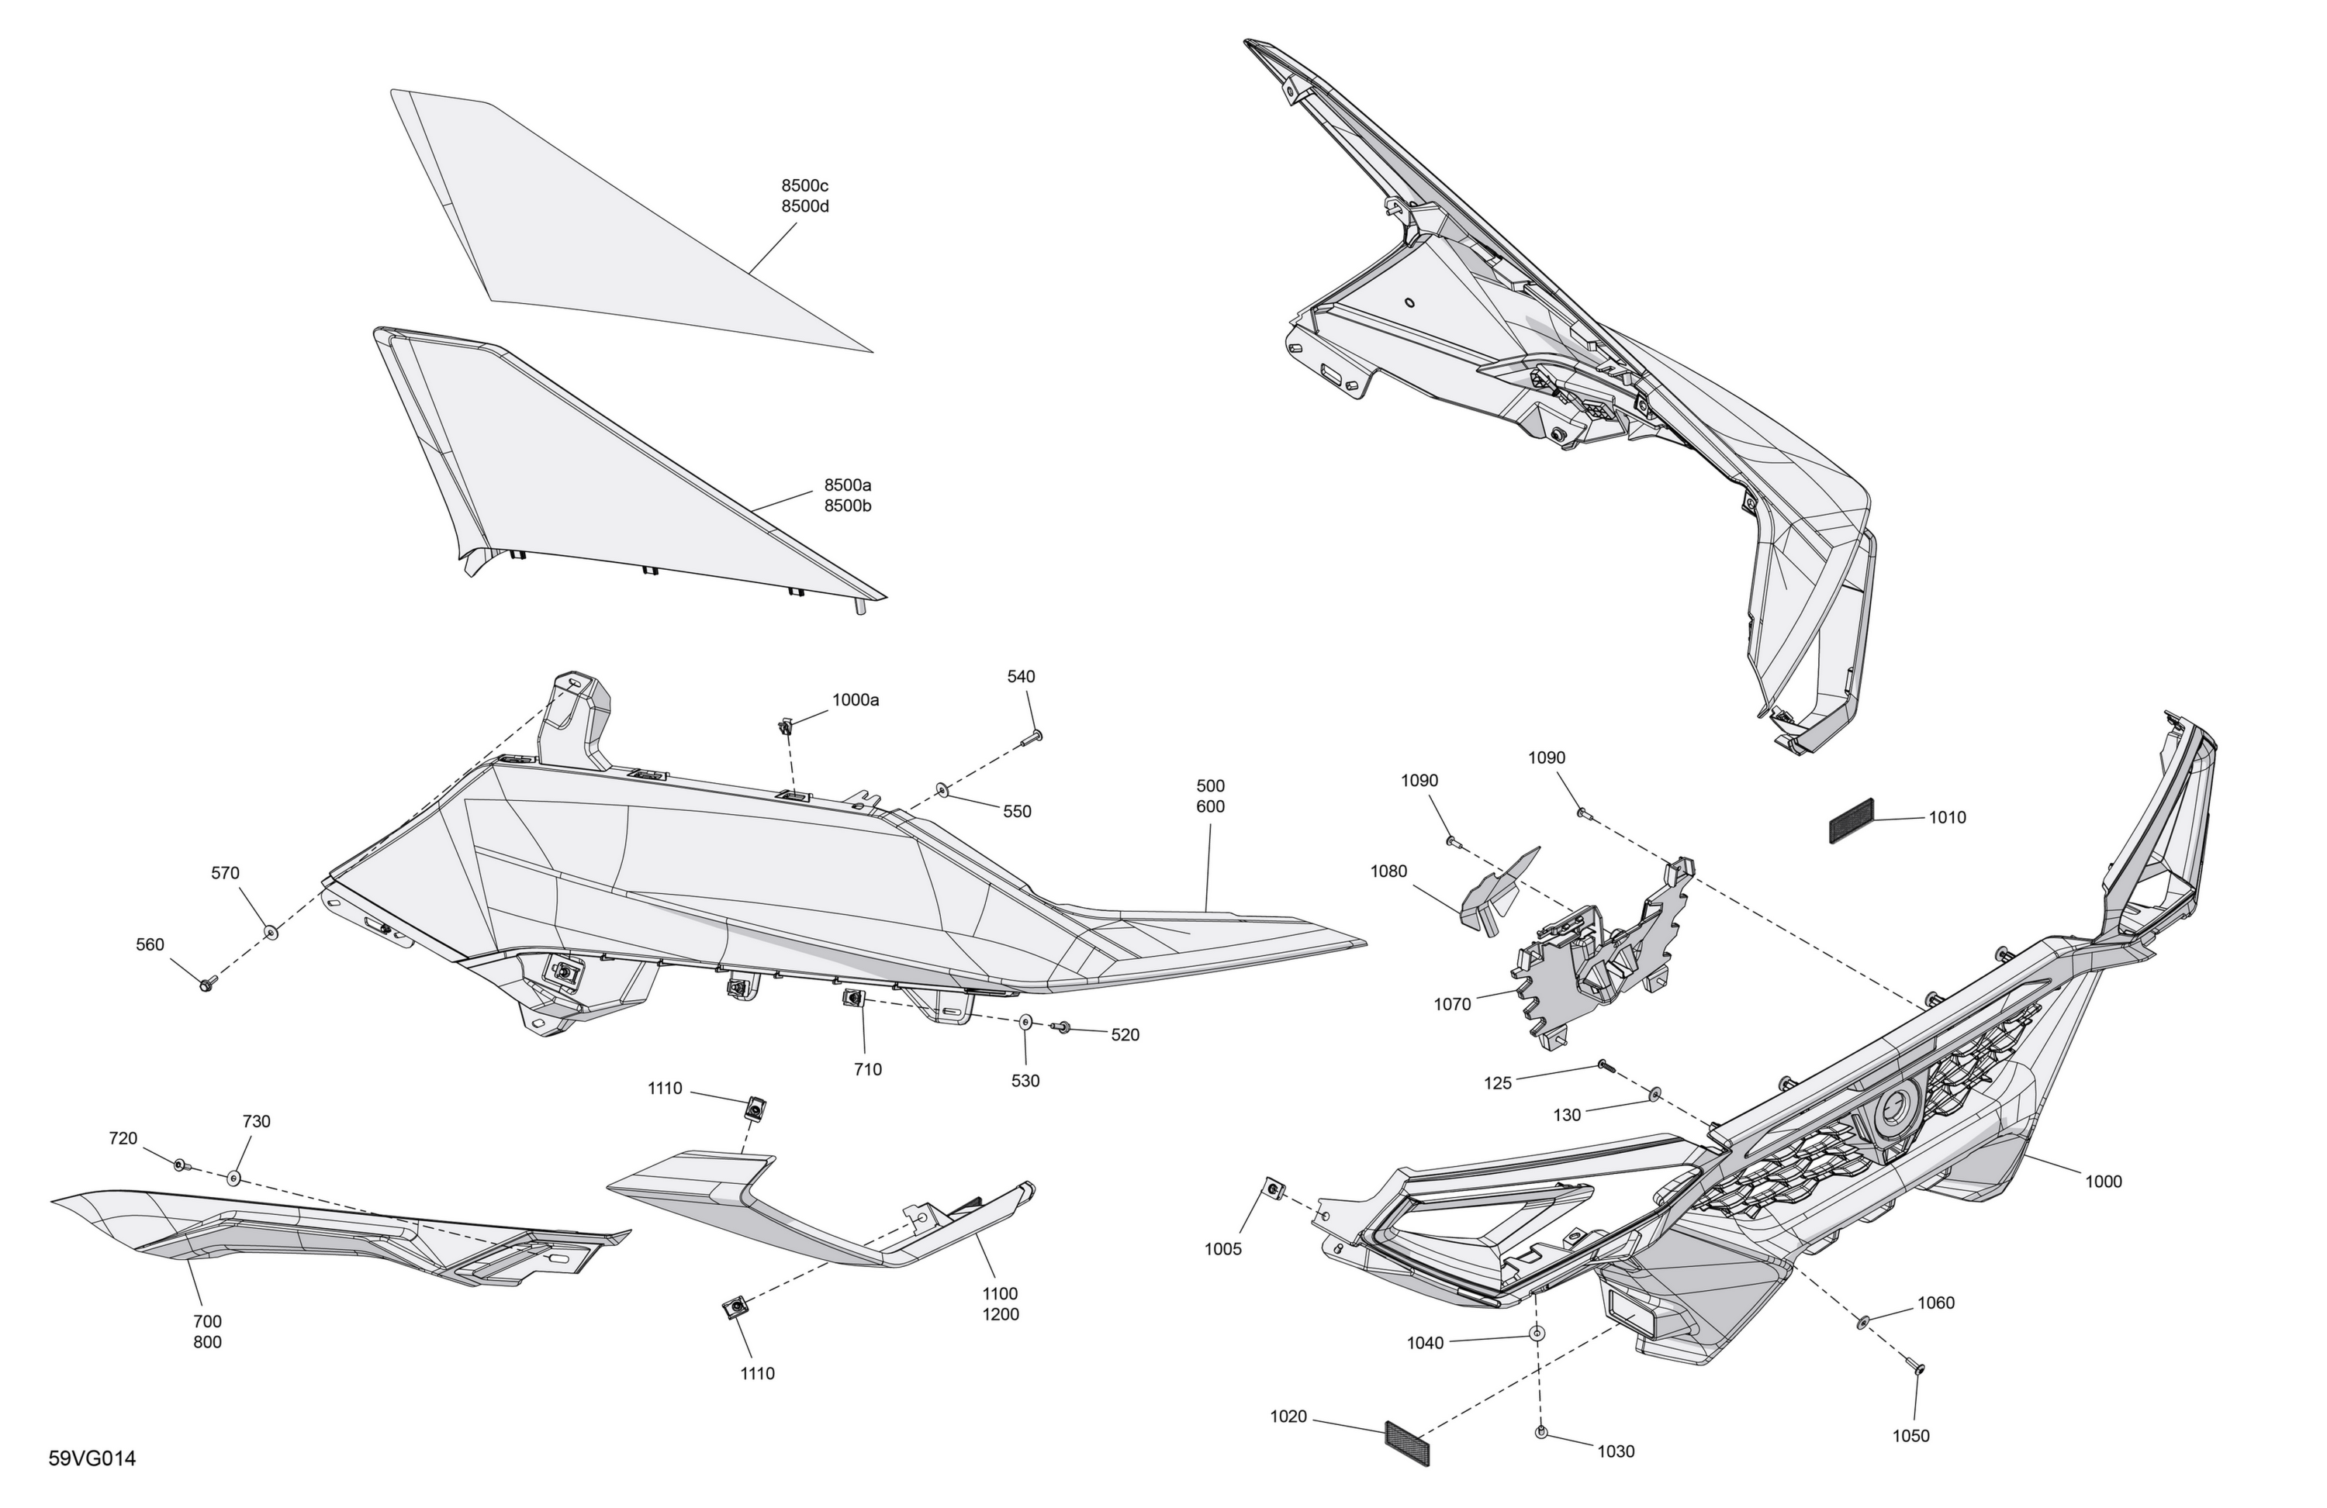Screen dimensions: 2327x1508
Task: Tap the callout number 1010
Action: pos(1947,817)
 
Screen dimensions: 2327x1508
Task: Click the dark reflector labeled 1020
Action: pos(1408,1444)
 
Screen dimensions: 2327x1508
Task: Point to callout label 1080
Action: pos(1388,871)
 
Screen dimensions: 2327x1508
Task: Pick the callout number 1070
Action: pos(1452,1004)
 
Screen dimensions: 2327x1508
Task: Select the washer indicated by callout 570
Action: pos(271,933)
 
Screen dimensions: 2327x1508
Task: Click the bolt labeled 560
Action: pos(206,984)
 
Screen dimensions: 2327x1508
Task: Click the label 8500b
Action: pos(848,506)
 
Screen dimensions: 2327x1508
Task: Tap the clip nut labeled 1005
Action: pos(1274,1189)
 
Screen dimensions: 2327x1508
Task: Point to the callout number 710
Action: pos(867,1069)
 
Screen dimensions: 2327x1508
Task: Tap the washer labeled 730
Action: pos(233,1178)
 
